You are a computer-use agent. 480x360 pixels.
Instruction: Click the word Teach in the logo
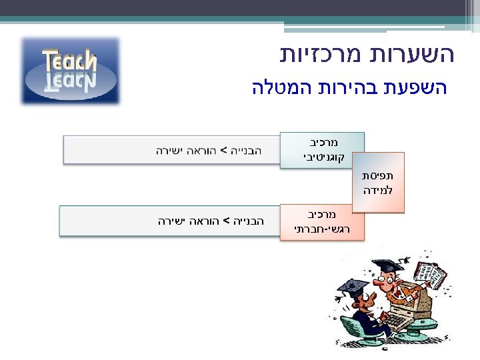point(70,61)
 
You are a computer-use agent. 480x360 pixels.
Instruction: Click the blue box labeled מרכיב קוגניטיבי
point(323,150)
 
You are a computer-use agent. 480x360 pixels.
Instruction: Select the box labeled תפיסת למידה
point(378,183)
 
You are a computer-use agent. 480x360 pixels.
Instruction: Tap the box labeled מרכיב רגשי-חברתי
point(322,222)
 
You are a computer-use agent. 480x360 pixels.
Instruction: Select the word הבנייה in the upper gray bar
point(246,150)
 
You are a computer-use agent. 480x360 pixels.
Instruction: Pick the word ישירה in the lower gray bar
point(173,221)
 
